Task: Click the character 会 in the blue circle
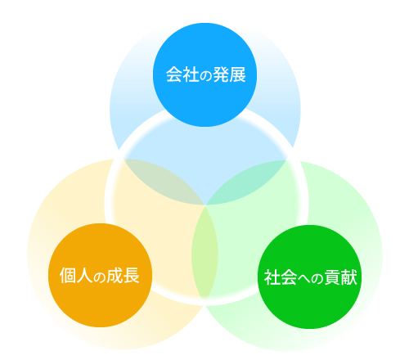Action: (174, 74)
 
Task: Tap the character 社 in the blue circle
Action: (191, 74)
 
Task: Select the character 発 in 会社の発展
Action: (221, 74)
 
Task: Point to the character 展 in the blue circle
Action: (237, 74)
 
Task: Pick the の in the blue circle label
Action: (206, 76)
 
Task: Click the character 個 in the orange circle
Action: (68, 276)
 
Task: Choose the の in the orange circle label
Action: (100, 277)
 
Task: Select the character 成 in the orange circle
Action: (115, 276)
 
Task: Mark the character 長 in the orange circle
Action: (131, 276)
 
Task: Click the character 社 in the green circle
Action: (272, 277)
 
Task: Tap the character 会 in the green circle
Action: (288, 277)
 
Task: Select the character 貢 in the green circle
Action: (333, 277)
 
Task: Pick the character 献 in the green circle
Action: (349, 277)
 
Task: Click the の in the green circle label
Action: (317, 279)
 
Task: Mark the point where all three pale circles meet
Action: (205, 205)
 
